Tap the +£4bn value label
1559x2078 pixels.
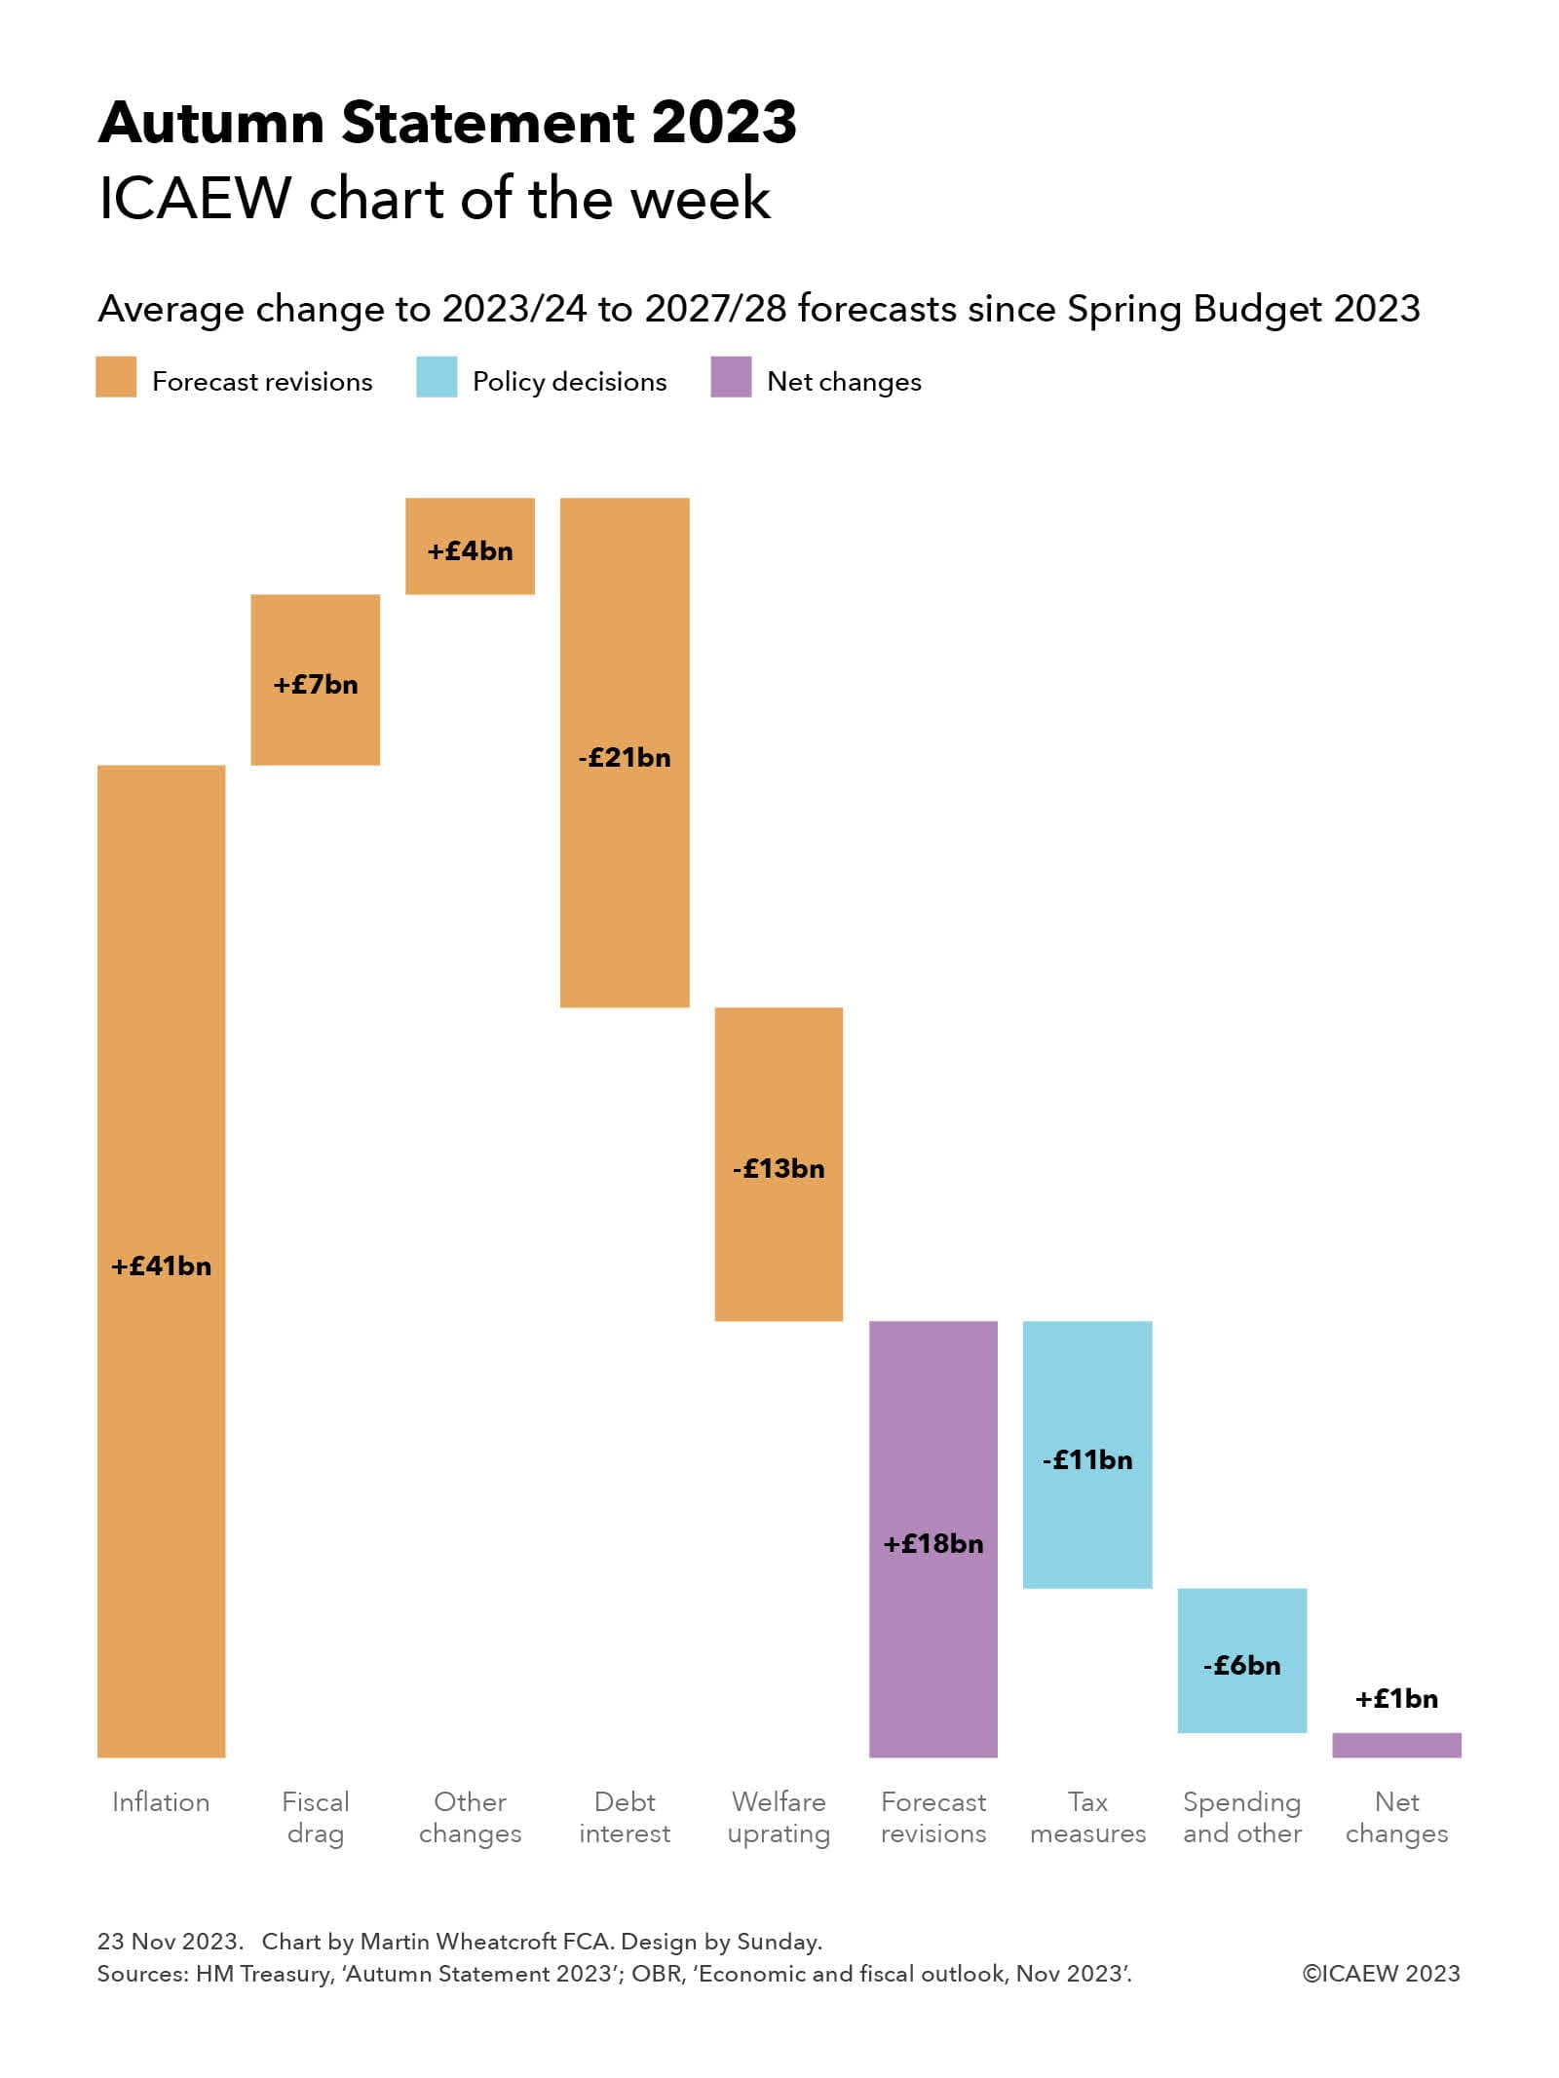pyautogui.click(x=470, y=551)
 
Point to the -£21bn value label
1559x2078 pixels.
pyautogui.click(x=625, y=757)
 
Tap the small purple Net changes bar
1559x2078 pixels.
pyautogui.click(x=1396, y=1745)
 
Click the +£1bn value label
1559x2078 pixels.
pyautogui.click(x=1396, y=1699)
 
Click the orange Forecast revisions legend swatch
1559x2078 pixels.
pyautogui.click(x=116, y=378)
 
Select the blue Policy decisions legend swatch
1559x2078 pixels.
pyautogui.click(x=436, y=378)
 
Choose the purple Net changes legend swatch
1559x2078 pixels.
pyautogui.click(x=731, y=378)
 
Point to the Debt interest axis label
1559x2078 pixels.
pyautogui.click(x=625, y=1818)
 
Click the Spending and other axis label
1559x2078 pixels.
pyautogui.click(x=1241, y=1818)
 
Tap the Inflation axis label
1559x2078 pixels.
pyautogui.click(x=161, y=1802)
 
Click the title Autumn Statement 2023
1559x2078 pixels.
pyautogui.click(x=447, y=123)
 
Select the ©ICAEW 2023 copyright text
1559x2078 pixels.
pyautogui.click(x=1381, y=1974)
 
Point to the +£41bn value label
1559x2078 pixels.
pyautogui.click(x=161, y=1266)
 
